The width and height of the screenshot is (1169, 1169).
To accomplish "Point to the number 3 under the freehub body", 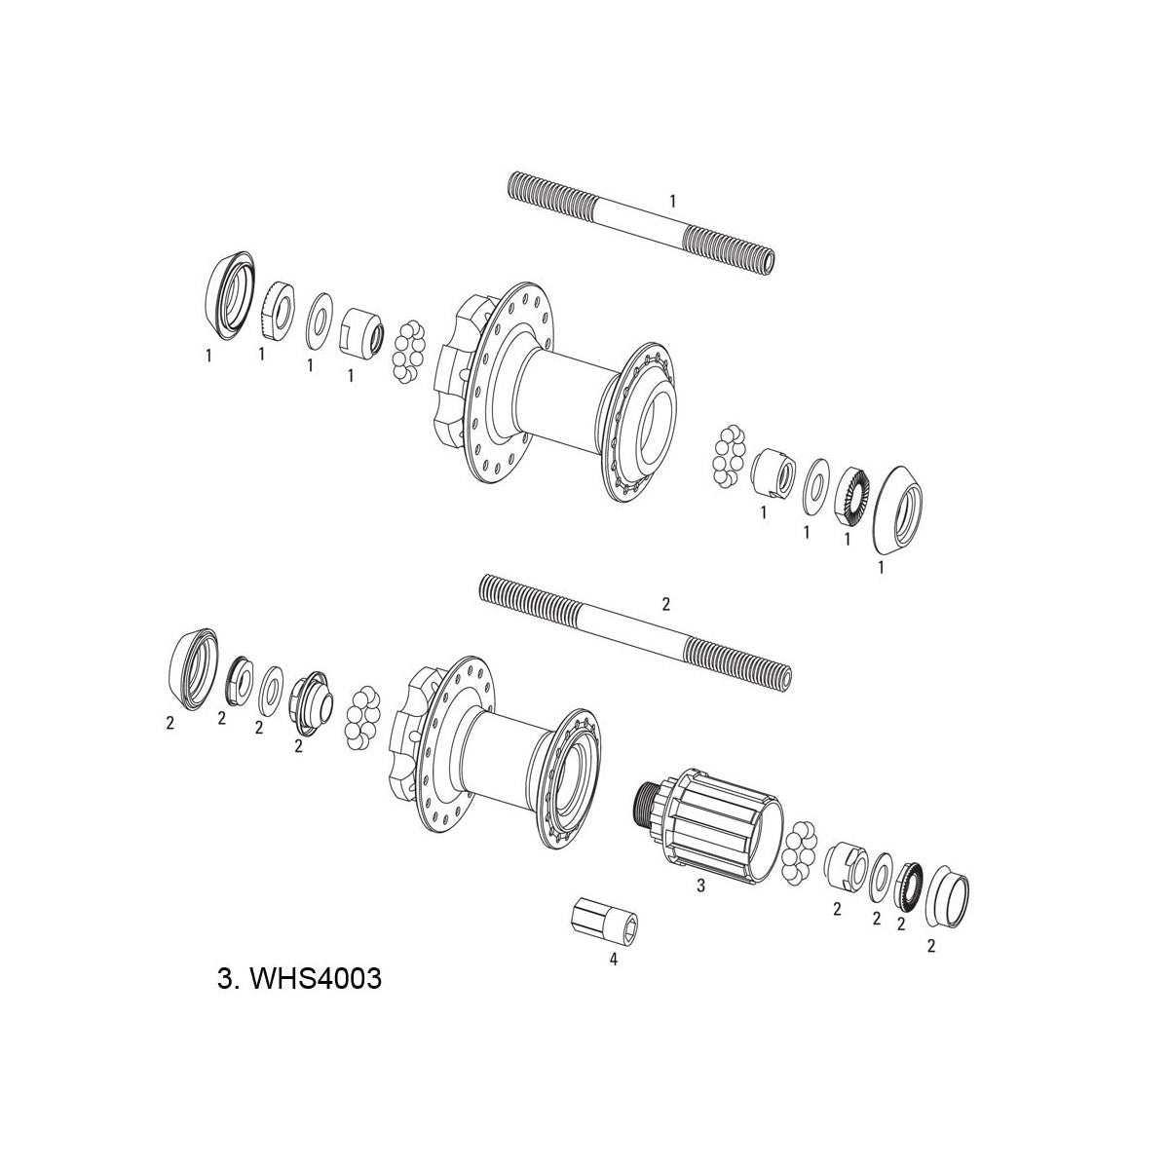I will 699,887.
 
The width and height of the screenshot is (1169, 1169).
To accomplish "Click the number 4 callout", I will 613,959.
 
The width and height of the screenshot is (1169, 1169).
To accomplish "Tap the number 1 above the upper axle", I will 672,201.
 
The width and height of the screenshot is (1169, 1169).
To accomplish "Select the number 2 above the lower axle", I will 665,604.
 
